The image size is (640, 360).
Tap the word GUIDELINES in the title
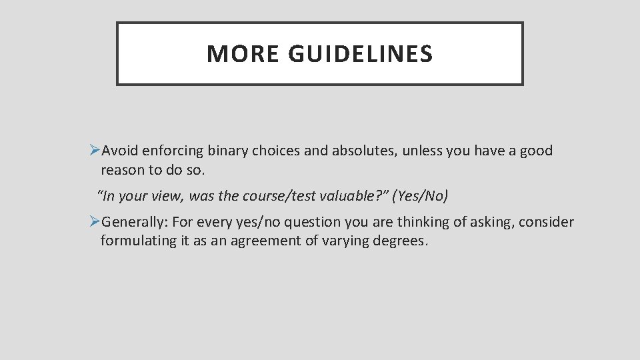361,54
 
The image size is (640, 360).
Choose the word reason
123,170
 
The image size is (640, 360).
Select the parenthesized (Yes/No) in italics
421,196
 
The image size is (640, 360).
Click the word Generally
135,222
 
